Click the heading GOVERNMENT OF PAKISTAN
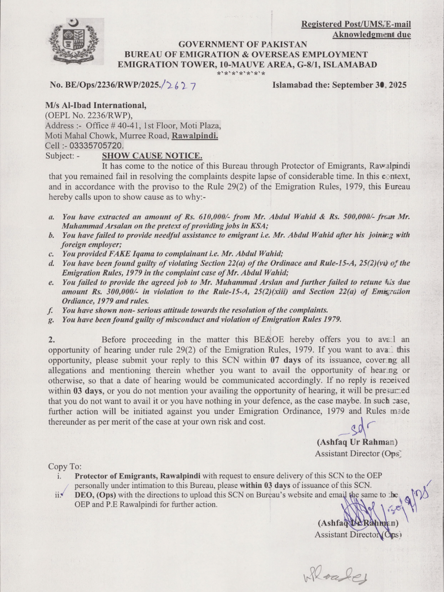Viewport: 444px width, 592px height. point(243,44)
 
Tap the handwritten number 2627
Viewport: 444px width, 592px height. point(181,86)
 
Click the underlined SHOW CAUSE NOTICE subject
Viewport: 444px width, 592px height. point(151,156)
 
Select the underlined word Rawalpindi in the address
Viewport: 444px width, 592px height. point(195,136)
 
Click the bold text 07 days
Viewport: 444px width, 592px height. point(284,360)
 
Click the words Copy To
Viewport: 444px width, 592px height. point(65,466)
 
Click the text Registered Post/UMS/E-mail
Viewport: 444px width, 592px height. point(356,24)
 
